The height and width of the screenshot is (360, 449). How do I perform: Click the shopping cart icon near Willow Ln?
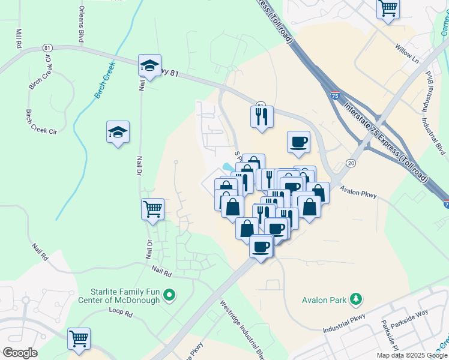pos(388,9)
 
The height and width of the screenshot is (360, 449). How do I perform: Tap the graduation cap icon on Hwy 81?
pos(149,66)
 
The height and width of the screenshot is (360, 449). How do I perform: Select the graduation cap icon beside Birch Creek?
pos(118,133)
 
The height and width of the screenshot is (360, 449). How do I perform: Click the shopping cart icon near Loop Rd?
pos(79,339)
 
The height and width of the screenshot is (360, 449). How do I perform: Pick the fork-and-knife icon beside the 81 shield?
pos(262,116)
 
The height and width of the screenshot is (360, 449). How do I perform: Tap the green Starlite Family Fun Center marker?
pos(170,295)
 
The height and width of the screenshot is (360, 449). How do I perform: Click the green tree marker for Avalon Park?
pos(356,298)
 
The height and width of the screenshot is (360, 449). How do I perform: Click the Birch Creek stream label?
pos(104,82)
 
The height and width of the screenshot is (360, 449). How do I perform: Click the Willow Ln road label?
pos(406,54)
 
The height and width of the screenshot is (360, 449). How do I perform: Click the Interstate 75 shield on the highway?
pos(334,94)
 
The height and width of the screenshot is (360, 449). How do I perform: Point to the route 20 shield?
pos(351,163)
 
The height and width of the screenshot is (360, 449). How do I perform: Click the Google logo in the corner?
pos(20,353)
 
